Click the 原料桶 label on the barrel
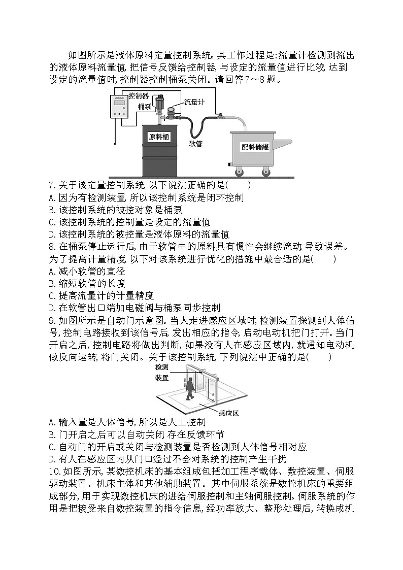pos(159,137)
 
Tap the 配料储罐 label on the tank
pos(255,147)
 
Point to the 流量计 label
pos(194,103)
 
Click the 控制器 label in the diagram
pos(138,95)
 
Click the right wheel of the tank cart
pos(265,173)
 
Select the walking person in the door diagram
pos(189,389)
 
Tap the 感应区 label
pos(228,413)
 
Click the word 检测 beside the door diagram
pos(161,367)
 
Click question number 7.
pos(51,185)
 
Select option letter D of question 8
pos(51,308)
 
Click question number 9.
pos(51,320)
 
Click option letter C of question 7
pos(51,222)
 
